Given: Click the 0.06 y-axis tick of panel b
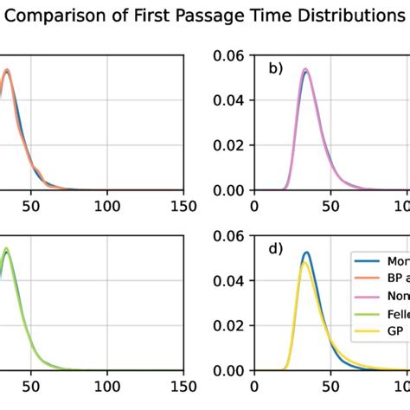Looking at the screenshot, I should point(229,56).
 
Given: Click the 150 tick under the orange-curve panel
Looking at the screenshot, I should point(183,207).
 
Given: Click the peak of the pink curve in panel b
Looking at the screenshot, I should point(305,70).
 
